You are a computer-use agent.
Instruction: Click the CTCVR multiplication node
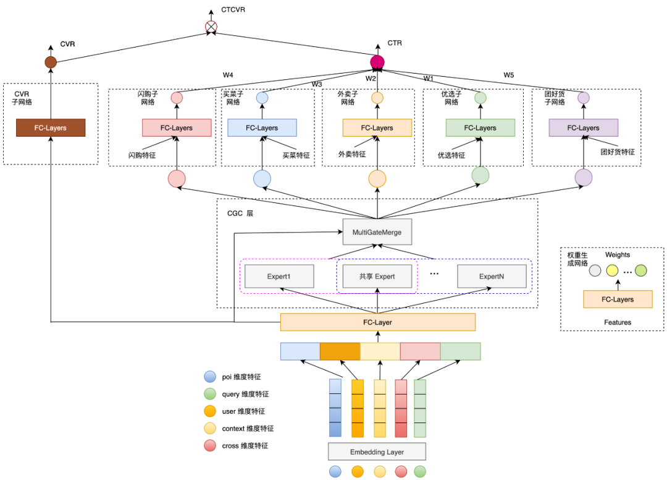pos(211,27)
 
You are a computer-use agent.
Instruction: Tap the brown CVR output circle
pos(51,62)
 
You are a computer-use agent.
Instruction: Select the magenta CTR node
pos(377,62)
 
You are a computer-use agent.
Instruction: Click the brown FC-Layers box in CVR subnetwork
pos(51,128)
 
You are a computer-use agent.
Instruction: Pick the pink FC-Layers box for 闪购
pos(177,128)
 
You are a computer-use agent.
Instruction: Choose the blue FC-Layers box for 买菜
pos(262,128)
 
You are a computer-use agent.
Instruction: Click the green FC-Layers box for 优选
pos(480,128)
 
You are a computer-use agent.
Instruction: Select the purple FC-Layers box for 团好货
pos(583,128)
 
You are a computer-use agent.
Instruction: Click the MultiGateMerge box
pos(377,232)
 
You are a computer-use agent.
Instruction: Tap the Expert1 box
pos(279,276)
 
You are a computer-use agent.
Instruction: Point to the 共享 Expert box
pos(377,276)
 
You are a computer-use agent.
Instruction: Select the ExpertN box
pos(492,276)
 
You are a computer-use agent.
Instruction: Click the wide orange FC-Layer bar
pos(377,322)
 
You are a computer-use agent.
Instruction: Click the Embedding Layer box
pos(377,452)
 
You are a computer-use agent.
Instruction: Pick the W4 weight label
pos(228,75)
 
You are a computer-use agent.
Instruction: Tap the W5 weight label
pos(508,75)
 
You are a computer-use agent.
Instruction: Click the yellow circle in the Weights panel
pos(612,270)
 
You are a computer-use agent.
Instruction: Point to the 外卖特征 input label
pos(351,155)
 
